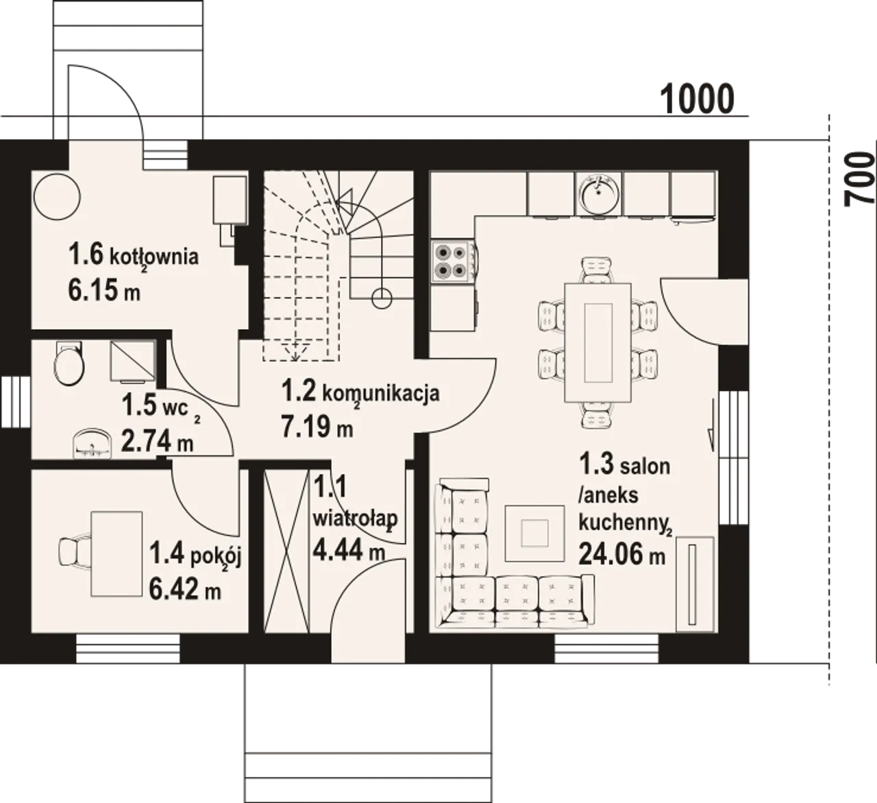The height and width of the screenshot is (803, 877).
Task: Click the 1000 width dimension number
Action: click(x=697, y=99)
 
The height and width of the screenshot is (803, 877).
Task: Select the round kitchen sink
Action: click(x=599, y=193)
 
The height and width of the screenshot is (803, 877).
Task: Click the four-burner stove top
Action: click(x=452, y=261)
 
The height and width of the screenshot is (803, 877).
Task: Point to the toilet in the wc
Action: click(x=69, y=363)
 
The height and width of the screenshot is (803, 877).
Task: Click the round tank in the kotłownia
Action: click(x=58, y=197)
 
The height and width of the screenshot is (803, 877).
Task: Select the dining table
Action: click(x=597, y=342)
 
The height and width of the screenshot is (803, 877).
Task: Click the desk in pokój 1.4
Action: click(x=116, y=554)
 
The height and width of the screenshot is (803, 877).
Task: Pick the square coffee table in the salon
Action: click(x=534, y=533)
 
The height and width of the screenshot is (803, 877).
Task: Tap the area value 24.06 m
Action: click(x=621, y=555)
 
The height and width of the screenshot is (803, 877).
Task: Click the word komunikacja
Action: click(x=381, y=394)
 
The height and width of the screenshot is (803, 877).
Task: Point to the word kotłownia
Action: click(x=154, y=256)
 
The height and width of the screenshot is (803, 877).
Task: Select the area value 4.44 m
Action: click(x=349, y=550)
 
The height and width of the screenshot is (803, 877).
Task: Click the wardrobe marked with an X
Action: click(x=286, y=551)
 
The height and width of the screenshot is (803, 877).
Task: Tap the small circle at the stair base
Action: click(x=382, y=299)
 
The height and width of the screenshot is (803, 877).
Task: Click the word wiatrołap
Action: click(x=356, y=518)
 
